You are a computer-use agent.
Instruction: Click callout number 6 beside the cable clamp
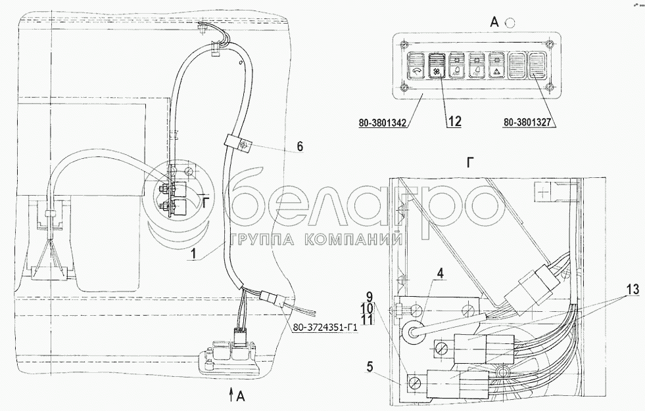pyautogui.click(x=300, y=146)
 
